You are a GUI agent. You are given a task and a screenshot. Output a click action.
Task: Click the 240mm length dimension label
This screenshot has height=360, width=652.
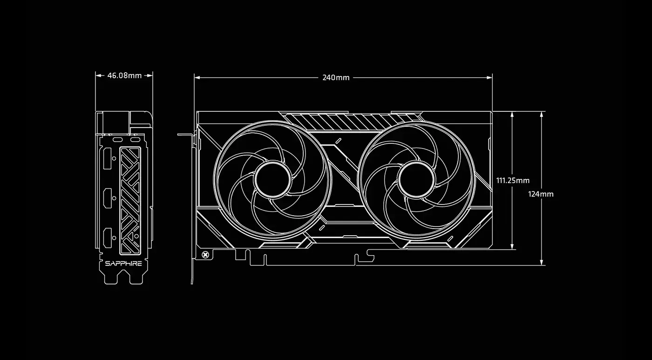pyautogui.click(x=336, y=78)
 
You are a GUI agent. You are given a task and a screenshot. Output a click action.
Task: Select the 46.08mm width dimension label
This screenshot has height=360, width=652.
pyautogui.click(x=124, y=75)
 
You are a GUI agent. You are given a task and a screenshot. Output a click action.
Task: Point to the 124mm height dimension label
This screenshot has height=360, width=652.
pyautogui.click(x=541, y=194)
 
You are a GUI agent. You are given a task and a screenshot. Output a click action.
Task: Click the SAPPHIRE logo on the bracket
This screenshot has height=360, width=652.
pyautogui.click(x=123, y=264)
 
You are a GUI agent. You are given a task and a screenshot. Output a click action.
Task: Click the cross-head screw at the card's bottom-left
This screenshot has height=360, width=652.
pyautogui.click(x=205, y=254)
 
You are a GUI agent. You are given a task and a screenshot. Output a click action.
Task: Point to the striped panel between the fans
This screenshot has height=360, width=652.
pyautogui.click(x=317, y=122)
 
